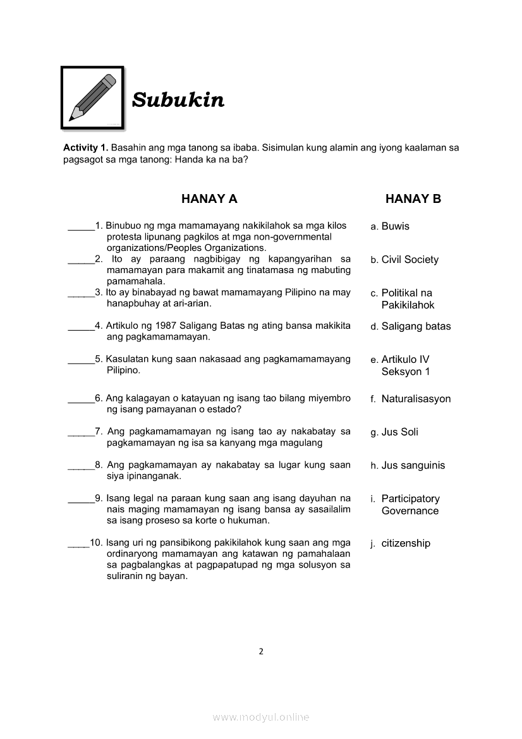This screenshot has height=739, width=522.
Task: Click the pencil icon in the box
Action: tap(92, 97)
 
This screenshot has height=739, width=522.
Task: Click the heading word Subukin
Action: tap(178, 100)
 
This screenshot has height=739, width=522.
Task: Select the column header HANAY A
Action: tap(209, 199)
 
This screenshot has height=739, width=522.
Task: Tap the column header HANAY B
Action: tap(413, 199)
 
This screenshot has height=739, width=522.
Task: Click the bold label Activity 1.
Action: tap(85, 147)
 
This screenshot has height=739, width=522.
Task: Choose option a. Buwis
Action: tap(390, 226)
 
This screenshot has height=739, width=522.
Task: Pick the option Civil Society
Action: tap(410, 260)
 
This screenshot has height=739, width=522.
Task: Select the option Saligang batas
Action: tap(416, 326)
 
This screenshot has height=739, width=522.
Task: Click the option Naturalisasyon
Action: tap(416, 399)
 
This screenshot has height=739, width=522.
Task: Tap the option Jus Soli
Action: tap(399, 432)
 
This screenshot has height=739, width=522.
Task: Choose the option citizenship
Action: tap(405, 543)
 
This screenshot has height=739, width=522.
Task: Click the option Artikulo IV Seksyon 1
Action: tap(405, 365)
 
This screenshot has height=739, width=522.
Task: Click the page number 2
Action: tap(261, 652)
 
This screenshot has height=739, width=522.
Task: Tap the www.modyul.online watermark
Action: tap(261, 718)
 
